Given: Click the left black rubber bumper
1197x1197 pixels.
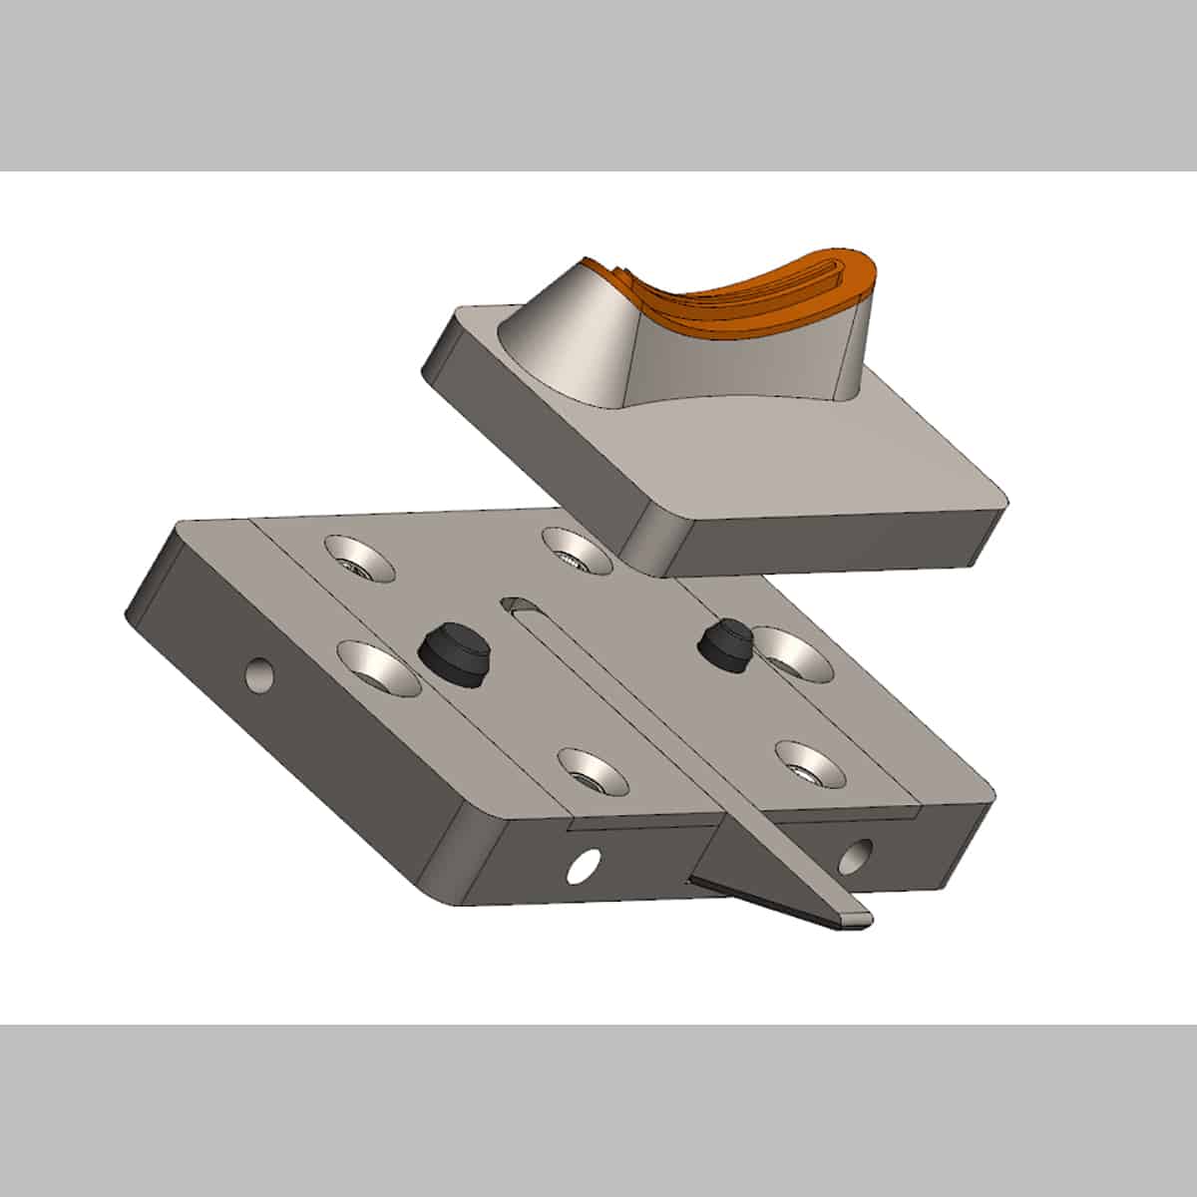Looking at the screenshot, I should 454,653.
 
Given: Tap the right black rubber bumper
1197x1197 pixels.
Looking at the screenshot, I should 725,645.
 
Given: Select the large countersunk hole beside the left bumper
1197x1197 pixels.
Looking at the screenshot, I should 378,667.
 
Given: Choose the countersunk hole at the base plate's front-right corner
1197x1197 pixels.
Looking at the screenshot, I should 810,762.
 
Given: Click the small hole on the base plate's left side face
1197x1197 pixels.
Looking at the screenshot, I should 259,675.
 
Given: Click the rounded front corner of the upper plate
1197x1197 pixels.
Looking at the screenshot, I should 653,544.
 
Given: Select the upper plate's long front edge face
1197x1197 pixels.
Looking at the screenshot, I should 838,544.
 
